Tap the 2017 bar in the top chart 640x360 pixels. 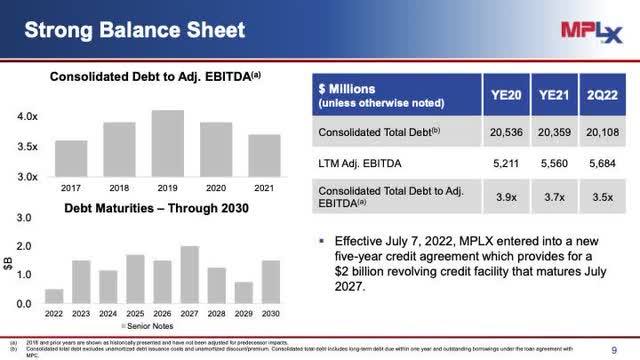70,157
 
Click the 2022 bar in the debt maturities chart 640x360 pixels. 54,295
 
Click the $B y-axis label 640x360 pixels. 11,261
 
